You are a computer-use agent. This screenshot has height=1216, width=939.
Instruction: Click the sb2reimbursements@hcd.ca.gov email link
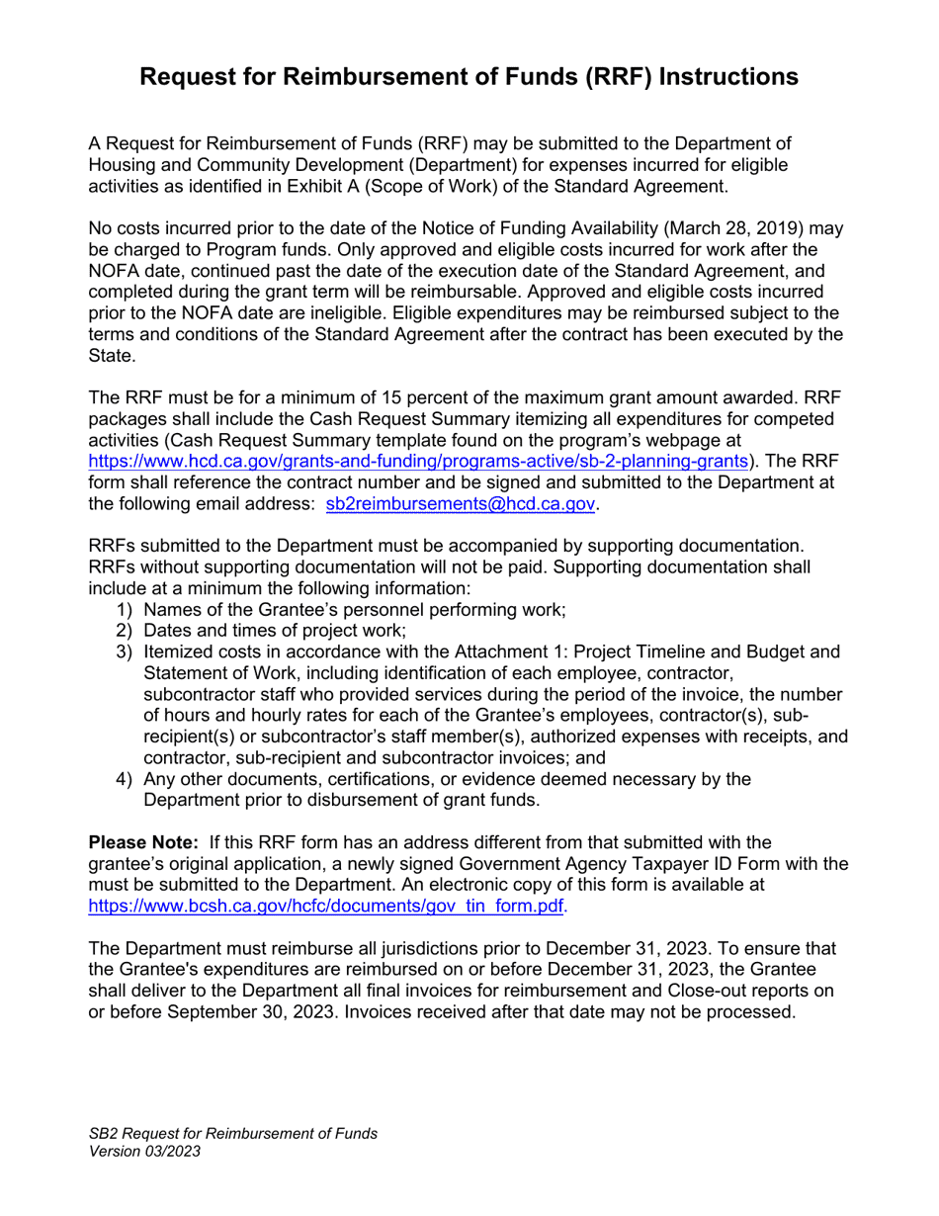[461, 503]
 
